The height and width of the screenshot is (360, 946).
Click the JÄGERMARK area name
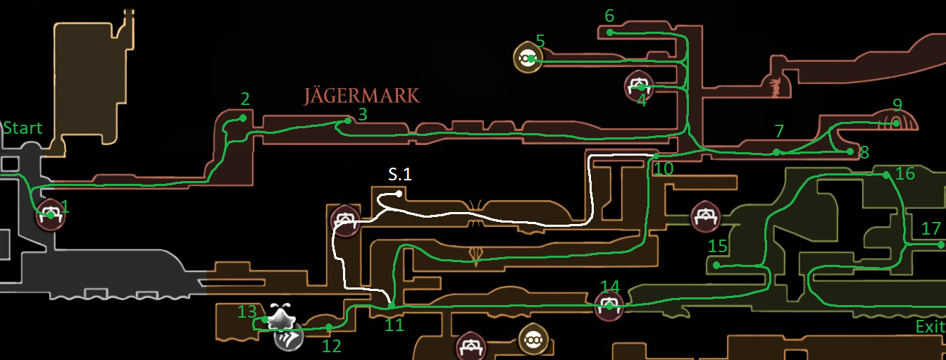pyautogui.click(x=361, y=95)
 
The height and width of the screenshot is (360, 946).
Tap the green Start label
pyautogui.click(x=23, y=128)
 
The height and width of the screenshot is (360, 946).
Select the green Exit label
pyautogui.click(x=930, y=327)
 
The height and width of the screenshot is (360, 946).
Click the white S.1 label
pyautogui.click(x=399, y=173)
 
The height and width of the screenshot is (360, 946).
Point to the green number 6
pyautogui.click(x=609, y=15)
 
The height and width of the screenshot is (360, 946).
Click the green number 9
pyautogui.click(x=897, y=105)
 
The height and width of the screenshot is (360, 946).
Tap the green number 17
pyautogui.click(x=931, y=228)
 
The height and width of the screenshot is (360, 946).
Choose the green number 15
pyautogui.click(x=717, y=247)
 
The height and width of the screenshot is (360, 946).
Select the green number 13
pyautogui.click(x=247, y=311)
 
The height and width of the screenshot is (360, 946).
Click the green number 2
pyautogui.click(x=244, y=99)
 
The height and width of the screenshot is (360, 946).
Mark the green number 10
pyautogui.click(x=664, y=168)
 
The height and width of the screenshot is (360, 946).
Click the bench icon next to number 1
pyautogui.click(x=50, y=214)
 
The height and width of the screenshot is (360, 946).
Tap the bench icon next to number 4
pyautogui.click(x=639, y=86)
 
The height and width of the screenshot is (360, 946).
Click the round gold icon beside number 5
pyautogui.click(x=528, y=58)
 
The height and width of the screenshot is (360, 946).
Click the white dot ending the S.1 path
pyautogui.click(x=399, y=193)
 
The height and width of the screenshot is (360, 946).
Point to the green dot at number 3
pyautogui.click(x=348, y=120)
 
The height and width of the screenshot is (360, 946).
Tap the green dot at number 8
pyautogui.click(x=850, y=151)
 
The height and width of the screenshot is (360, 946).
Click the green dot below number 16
pyautogui.click(x=885, y=175)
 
